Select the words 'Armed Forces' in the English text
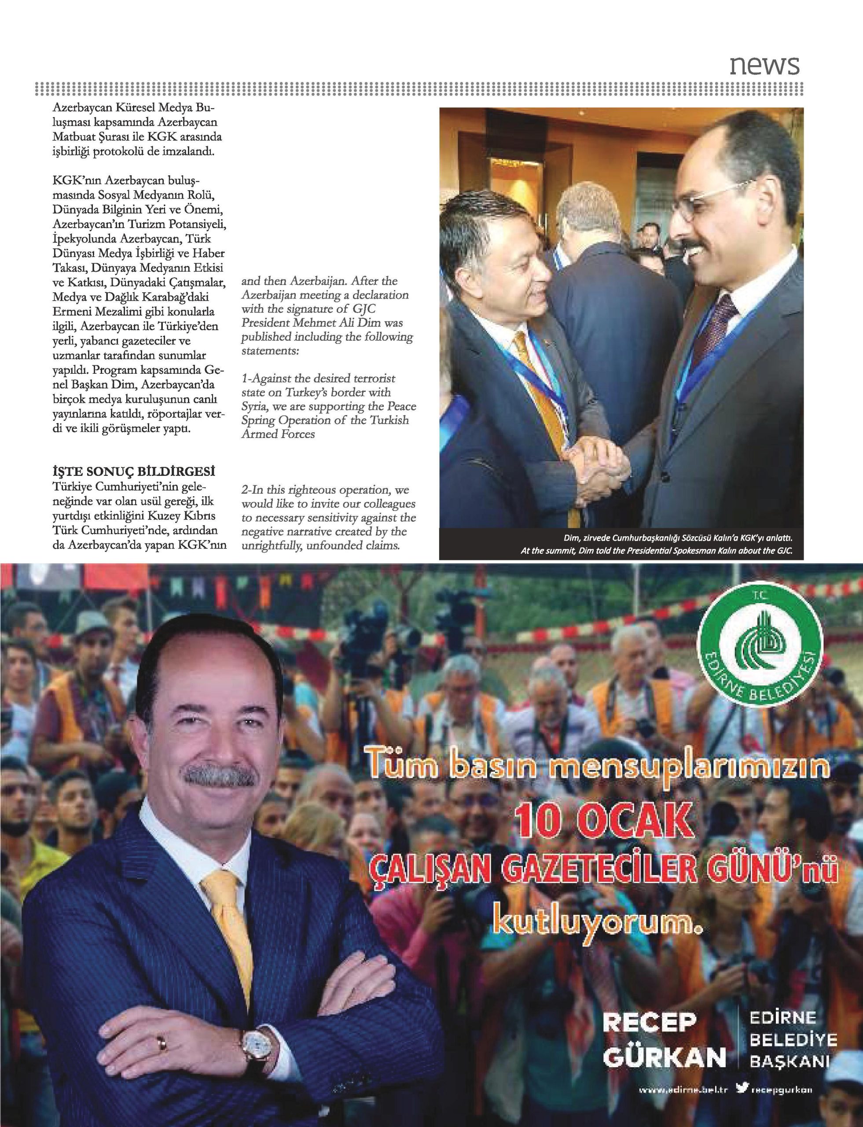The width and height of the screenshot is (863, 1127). tap(278, 434)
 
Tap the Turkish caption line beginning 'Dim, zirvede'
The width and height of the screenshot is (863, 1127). tap(676, 539)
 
